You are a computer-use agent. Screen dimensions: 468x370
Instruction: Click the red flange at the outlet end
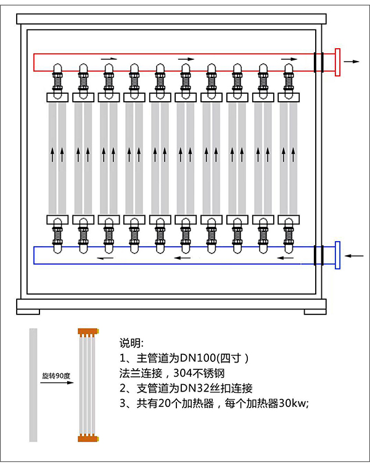[x=337, y=62]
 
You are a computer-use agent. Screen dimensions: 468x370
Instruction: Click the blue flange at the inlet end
[x=337, y=255]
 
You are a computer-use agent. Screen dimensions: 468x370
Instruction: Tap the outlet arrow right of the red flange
[x=353, y=62]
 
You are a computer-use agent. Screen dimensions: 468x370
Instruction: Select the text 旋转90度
[x=54, y=375]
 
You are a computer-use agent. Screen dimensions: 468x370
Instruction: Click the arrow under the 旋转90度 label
[x=54, y=383]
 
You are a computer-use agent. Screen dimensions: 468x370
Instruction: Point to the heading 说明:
[x=131, y=343]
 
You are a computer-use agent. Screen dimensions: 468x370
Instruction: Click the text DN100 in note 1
[x=190, y=358]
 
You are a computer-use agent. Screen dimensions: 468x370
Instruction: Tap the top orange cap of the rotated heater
[x=89, y=332]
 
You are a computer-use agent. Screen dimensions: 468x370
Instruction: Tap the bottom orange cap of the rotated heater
[x=89, y=438]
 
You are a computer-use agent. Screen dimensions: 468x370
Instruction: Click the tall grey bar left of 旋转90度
[x=33, y=385]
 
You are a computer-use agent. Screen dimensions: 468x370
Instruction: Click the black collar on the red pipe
[x=319, y=62]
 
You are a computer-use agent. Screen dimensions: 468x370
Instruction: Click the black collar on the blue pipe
[x=319, y=255]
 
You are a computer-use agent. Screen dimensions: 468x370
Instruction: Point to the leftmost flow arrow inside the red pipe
[x=109, y=59]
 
